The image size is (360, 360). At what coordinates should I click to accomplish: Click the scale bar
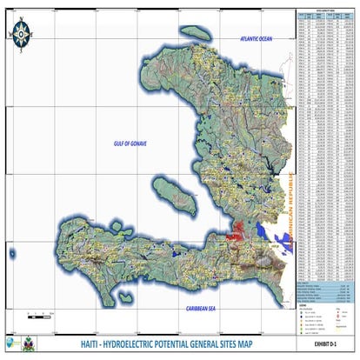40,310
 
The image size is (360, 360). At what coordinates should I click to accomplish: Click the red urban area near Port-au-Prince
235,231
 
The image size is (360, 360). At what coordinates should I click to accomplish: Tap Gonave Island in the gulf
171,192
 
